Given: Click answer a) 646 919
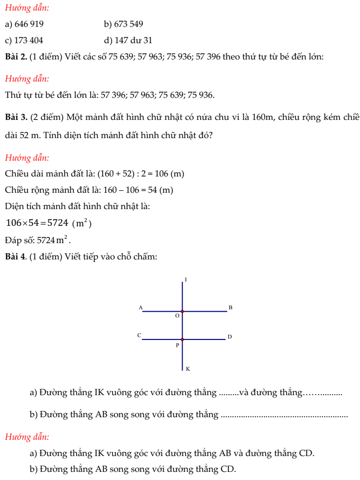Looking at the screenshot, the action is [26, 24].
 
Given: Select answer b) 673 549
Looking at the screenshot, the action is [123, 24].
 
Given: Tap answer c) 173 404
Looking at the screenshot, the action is [27, 41].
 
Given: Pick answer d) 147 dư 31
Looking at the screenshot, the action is [128, 41].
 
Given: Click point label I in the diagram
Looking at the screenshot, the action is [186, 279].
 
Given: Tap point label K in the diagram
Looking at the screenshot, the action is [187, 369].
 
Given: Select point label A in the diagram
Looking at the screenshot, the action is [140, 307].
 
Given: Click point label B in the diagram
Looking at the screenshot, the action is [230, 307].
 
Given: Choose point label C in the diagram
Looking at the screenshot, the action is [139, 335].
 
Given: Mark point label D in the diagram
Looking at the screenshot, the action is [230, 337].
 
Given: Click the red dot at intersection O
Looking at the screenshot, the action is [182, 311].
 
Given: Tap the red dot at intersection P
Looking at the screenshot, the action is [182, 339].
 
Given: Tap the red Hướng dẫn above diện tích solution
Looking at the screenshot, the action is [27, 158].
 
